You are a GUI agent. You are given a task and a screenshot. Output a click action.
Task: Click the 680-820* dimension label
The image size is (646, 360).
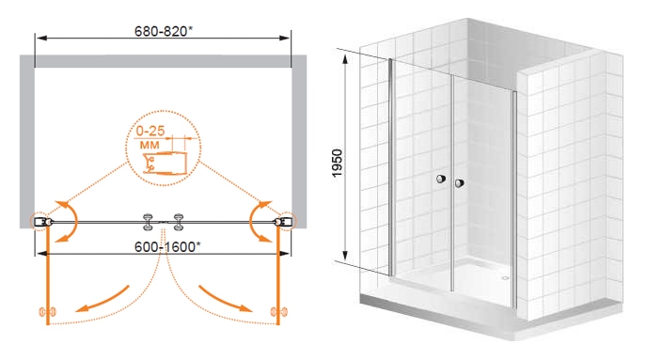click(x=164, y=31)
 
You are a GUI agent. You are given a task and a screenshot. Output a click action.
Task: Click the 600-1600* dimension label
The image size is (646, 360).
click(x=167, y=246)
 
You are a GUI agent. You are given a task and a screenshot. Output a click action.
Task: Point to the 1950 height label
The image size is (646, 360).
click(x=337, y=164)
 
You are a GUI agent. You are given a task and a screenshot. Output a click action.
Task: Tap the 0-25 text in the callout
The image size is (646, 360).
click(x=150, y=131)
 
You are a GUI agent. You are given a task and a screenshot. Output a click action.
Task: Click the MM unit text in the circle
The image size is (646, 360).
click(x=150, y=145)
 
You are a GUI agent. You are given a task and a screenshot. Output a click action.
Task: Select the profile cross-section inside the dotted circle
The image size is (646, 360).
click(x=165, y=164)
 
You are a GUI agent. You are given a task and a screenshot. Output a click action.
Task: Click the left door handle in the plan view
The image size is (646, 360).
click(x=148, y=222)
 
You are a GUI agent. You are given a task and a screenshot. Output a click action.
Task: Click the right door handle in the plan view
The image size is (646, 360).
click(x=179, y=222)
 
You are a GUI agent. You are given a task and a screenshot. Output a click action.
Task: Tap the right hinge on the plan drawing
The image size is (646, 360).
click(x=283, y=222)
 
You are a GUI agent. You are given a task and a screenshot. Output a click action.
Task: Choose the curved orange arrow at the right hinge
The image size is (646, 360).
click(x=256, y=221)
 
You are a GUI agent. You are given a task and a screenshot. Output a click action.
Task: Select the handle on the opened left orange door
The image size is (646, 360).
click(x=47, y=312)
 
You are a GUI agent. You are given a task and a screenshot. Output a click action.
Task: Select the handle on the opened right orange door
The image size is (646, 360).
click(x=279, y=312)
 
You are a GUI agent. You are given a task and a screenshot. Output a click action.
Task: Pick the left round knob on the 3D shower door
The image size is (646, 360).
click(x=441, y=179)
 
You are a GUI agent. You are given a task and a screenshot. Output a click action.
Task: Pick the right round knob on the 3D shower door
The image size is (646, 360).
click(x=460, y=183)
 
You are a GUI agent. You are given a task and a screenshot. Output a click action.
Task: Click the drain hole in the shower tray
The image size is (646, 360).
click(x=505, y=278)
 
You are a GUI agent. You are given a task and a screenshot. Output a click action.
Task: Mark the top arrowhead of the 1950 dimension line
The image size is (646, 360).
click(x=345, y=59)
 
